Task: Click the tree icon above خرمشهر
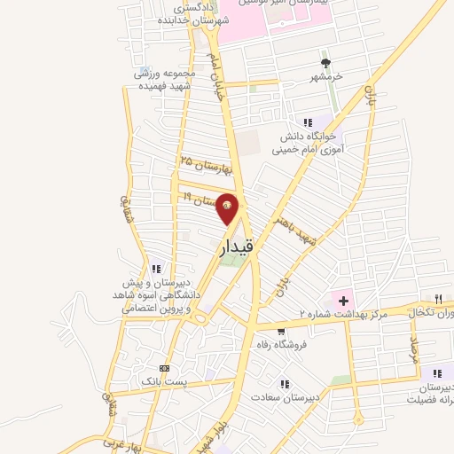[x=326, y=63]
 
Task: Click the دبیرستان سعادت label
[x=285, y=398]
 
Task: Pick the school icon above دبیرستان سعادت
[x=285, y=384]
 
